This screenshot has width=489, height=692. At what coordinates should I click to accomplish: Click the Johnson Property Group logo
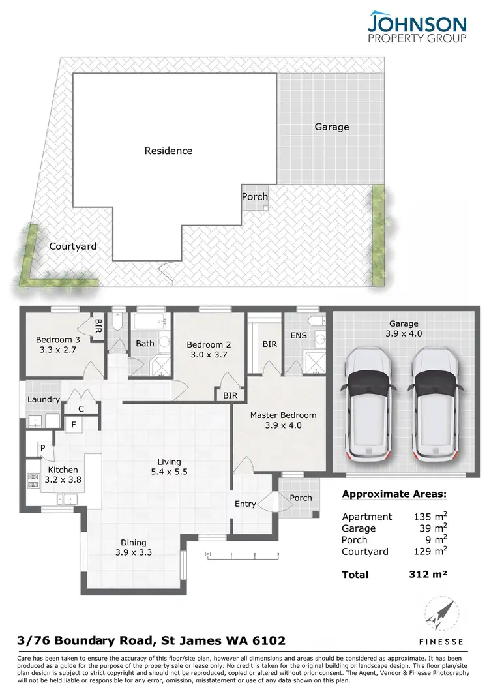click(417, 27)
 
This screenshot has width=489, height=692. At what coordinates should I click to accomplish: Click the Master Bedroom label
click(283, 415)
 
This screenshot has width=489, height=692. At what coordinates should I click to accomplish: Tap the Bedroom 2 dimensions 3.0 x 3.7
click(208, 355)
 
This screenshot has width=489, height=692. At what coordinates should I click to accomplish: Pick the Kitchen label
click(63, 470)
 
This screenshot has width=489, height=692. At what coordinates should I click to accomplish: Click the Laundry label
click(44, 399)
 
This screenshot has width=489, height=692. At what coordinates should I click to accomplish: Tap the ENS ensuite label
click(298, 336)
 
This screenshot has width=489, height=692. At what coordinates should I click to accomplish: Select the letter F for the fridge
click(74, 425)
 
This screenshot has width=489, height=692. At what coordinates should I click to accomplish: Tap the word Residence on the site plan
click(168, 151)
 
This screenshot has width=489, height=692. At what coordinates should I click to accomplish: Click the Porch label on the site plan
click(254, 196)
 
